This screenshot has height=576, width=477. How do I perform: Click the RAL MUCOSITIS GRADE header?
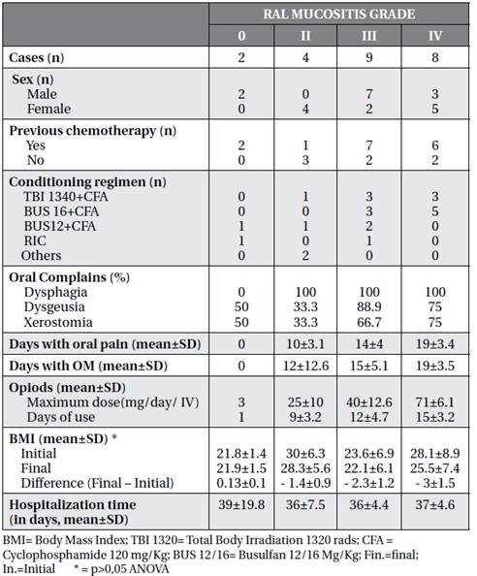339,14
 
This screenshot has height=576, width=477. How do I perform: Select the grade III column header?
368,36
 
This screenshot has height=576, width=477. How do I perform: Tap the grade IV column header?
435,36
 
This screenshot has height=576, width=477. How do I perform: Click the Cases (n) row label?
36,57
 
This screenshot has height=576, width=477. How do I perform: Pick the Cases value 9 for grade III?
369,57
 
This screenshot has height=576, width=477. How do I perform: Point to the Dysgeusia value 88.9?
369,306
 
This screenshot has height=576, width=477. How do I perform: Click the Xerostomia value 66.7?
369,322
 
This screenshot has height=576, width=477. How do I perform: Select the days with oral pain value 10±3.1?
305,344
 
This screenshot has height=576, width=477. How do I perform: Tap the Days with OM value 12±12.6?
305,366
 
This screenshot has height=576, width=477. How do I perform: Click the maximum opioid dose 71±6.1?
435,401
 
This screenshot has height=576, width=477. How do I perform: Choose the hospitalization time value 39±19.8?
241,505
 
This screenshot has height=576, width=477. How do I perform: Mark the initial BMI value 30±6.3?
305,453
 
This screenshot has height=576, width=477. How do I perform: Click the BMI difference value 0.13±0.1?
241,483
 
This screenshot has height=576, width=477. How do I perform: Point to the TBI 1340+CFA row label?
66,197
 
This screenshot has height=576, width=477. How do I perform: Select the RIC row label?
35,241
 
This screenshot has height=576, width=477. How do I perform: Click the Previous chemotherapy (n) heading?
92,131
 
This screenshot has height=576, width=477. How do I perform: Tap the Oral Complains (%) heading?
70,277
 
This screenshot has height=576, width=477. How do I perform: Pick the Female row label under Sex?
48,109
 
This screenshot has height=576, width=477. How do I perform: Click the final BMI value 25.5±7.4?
435,468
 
